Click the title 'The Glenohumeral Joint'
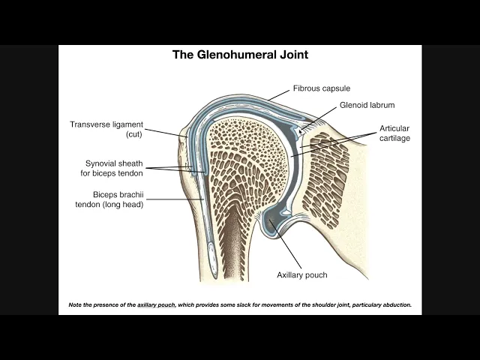coord(240,55)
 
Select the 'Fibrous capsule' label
coord(321,88)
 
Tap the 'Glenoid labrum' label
coord(367,105)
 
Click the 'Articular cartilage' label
coord(394,133)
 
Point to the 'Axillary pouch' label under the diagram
coord(301,275)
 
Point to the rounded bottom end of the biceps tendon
coord(211,273)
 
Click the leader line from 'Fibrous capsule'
coord(279,94)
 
